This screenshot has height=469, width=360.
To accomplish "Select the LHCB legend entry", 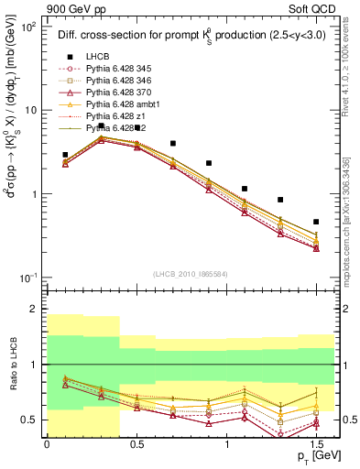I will (x=97, y=56).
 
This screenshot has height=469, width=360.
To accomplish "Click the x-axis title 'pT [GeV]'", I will (x=312, y=455).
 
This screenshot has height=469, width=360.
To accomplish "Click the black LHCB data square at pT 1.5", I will (x=316, y=222).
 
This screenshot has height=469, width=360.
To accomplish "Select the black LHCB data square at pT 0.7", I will (x=173, y=144).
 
